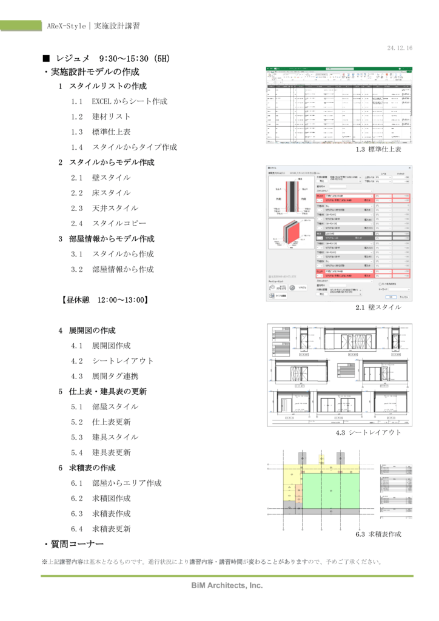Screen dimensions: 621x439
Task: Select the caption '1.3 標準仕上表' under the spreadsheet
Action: [378, 149]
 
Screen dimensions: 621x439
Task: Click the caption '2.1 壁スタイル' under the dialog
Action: [378, 307]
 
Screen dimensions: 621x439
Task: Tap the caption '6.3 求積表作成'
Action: [378, 534]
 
